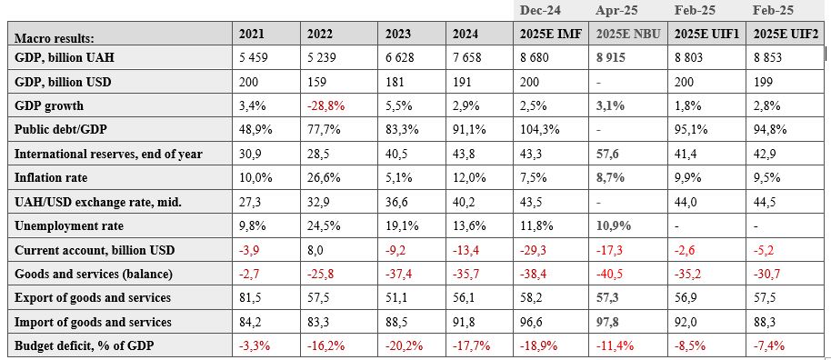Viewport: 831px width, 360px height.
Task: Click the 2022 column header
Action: pos(319,34)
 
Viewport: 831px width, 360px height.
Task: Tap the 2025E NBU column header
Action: pos(628,34)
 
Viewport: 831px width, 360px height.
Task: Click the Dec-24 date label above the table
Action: pos(539,10)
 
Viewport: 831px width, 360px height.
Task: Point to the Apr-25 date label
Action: pos(615,10)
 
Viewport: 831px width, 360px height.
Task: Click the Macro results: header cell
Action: pos(54,38)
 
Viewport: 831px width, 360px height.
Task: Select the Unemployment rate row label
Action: pos(69,225)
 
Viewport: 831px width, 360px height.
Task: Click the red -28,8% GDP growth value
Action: pos(325,105)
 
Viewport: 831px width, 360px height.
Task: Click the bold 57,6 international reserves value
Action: pos(608,154)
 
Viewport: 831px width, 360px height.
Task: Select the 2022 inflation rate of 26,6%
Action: pos(325,177)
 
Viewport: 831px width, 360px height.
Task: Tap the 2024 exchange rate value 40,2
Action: pos(463,202)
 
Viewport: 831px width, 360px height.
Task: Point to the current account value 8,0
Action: pos(315,250)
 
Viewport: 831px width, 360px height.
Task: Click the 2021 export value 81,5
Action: pos(249,297)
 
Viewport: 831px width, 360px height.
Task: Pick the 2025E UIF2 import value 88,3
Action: pos(765,322)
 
